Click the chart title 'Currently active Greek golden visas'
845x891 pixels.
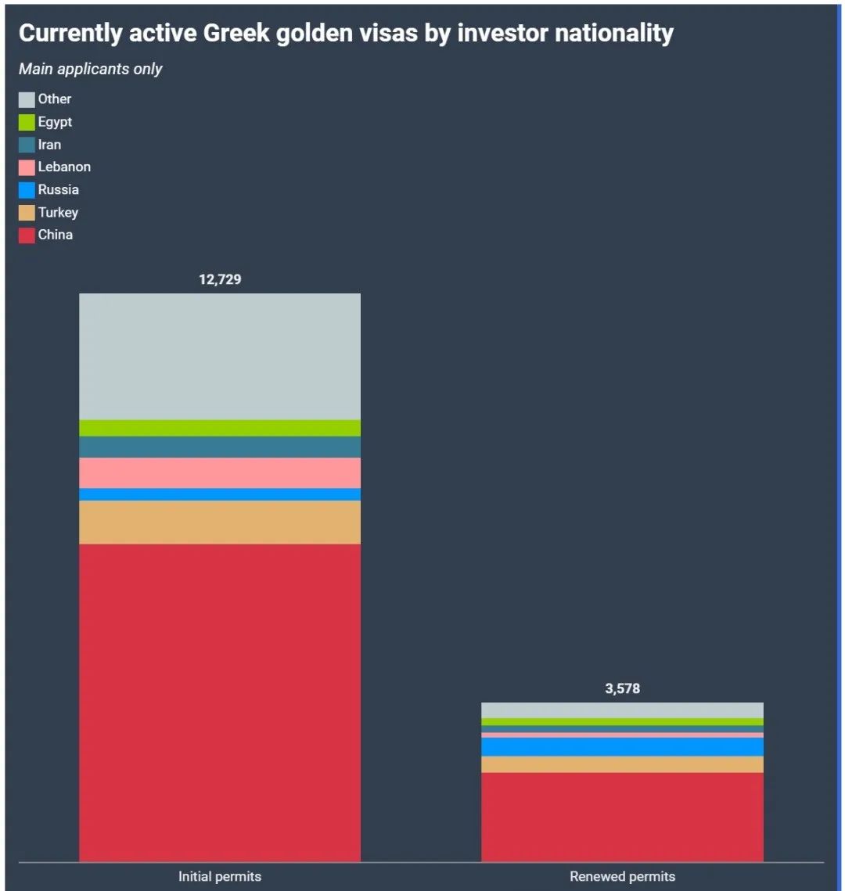pos(345,34)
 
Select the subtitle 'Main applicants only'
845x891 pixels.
pos(90,69)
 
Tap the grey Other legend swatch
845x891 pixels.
pos(27,99)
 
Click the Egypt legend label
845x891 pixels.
pos(55,122)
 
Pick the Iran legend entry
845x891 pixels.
pos(49,145)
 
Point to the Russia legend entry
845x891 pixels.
pos(58,190)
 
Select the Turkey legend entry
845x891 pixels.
pos(58,213)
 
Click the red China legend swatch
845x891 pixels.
pos(27,235)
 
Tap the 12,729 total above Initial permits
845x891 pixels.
pos(220,279)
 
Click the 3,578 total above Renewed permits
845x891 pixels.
pos(622,689)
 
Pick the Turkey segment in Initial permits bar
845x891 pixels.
pos(220,522)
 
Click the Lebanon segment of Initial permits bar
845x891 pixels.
pos(220,472)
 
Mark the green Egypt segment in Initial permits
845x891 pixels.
pos(220,428)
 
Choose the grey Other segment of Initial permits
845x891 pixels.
pos(220,356)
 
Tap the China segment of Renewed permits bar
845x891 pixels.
pos(622,817)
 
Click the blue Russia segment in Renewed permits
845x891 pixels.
pos(622,747)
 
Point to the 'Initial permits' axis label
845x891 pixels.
pos(220,876)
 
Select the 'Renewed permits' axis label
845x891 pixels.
pos(622,876)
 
